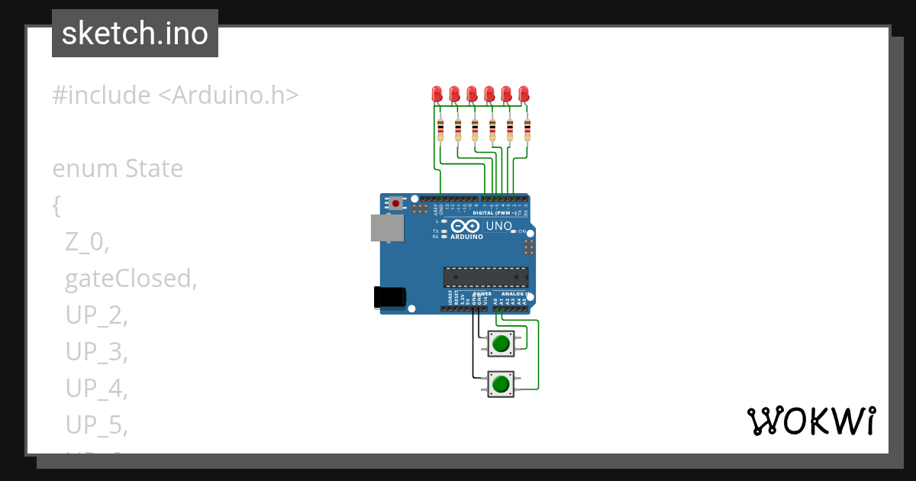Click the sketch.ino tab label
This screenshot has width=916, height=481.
(135, 34)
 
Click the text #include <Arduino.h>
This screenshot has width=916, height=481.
(175, 95)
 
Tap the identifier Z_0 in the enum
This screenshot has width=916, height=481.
(87, 242)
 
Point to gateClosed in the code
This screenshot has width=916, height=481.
(131, 279)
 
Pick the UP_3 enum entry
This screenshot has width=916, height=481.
(95, 352)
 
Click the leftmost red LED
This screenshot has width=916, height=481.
(437, 94)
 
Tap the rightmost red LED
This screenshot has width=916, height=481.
(524, 94)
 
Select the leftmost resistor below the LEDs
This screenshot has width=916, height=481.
(440, 131)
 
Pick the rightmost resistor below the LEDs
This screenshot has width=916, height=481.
(527, 131)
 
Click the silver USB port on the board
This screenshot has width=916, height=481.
(387, 228)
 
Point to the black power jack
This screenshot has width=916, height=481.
(389, 298)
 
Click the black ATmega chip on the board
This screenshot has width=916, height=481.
(485, 276)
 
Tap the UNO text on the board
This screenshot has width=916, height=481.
(498, 226)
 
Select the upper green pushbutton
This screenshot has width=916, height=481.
(501, 344)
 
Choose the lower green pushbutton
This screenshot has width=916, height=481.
(501, 384)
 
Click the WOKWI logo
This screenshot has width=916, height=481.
(811, 421)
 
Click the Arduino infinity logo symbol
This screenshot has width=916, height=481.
(466, 226)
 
